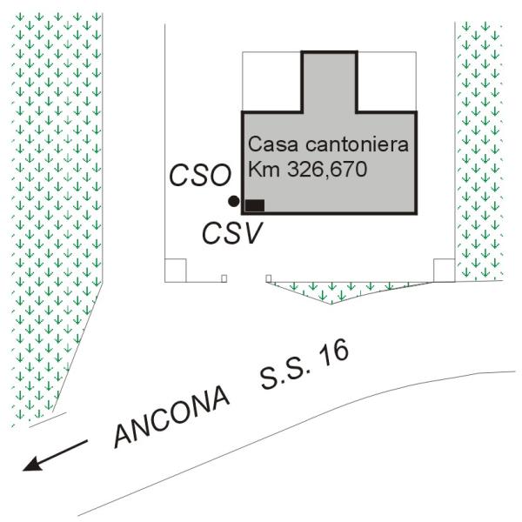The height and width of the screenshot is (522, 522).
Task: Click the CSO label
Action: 199,177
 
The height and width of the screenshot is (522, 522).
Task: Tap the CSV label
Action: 231,232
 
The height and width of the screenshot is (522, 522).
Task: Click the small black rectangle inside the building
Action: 255,205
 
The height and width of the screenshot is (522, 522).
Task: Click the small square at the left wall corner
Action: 175,271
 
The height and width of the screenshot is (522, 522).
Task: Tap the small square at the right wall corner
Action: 443,271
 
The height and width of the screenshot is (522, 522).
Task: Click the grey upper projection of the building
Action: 329,83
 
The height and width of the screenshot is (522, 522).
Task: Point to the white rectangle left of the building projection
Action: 271,83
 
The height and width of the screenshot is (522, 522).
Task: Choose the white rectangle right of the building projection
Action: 386,83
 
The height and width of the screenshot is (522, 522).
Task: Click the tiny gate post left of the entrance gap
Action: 224,278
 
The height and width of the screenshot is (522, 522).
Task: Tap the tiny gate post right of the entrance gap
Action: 268,278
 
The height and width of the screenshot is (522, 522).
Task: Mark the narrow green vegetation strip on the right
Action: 479,148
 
